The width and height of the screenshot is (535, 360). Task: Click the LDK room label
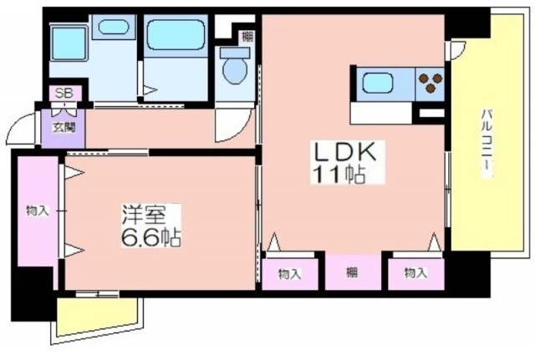click(345, 153)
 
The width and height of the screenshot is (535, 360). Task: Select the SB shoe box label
click(64, 94)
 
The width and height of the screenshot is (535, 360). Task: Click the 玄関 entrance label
click(64, 128)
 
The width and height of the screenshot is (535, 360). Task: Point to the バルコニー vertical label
click(487, 143)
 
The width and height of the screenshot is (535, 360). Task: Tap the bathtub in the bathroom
click(176, 34)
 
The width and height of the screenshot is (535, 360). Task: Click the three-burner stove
click(430, 84)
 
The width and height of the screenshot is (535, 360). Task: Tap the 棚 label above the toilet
click(247, 37)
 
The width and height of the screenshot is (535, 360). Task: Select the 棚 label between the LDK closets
click(352, 273)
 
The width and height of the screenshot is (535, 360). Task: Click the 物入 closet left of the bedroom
click(38, 211)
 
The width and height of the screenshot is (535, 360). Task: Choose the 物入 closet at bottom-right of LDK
click(416, 273)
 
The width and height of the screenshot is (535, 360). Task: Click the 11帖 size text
click(338, 175)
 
